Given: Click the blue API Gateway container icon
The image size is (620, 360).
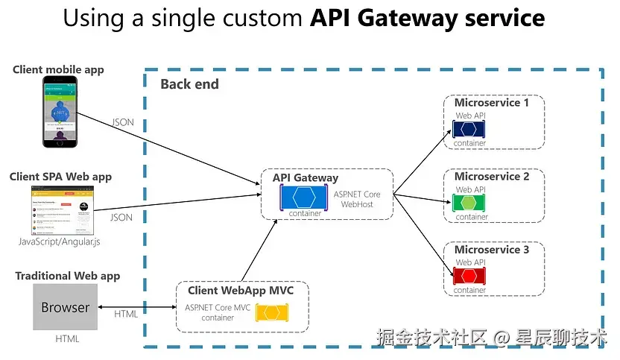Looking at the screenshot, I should tap(304, 198).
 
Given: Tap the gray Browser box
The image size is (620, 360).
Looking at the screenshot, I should tap(65, 307).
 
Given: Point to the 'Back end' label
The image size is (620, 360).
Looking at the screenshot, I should tap(189, 84).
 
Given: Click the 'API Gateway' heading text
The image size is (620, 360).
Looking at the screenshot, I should tap(305, 177).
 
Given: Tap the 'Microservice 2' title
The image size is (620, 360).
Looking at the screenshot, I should tap(492, 177).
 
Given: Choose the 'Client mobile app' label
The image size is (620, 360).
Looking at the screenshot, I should tap(58, 69).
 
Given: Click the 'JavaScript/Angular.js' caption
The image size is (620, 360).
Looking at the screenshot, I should tap(59, 242).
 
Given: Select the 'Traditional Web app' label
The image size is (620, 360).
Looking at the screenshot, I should tap(67, 276).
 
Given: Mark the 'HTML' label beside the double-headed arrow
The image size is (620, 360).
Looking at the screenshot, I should tap(126, 314).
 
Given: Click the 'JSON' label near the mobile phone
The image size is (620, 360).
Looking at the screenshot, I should tap(123, 122).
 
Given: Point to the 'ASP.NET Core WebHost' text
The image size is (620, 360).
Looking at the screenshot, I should tap(356, 199).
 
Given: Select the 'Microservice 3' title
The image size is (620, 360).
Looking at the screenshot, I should tap(492, 250).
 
